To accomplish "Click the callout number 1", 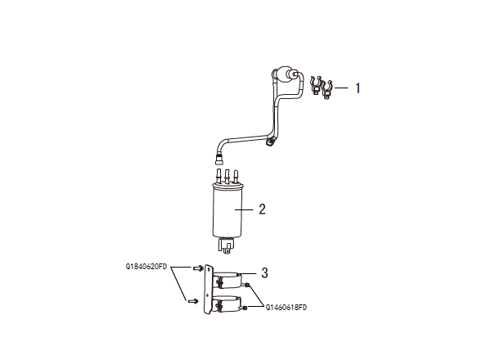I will tap(358, 88).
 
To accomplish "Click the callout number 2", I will tap(262, 209).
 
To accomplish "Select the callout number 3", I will tap(264, 272).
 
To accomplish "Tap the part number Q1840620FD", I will tap(146, 267).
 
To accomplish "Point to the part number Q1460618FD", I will tap(286, 308).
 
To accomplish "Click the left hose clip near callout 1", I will tap(315, 84).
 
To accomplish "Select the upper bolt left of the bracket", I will tap(197, 268).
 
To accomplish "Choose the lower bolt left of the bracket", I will tap(193, 300).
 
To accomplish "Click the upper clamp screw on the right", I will tap(248, 286).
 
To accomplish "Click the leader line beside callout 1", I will tap(343, 87).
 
